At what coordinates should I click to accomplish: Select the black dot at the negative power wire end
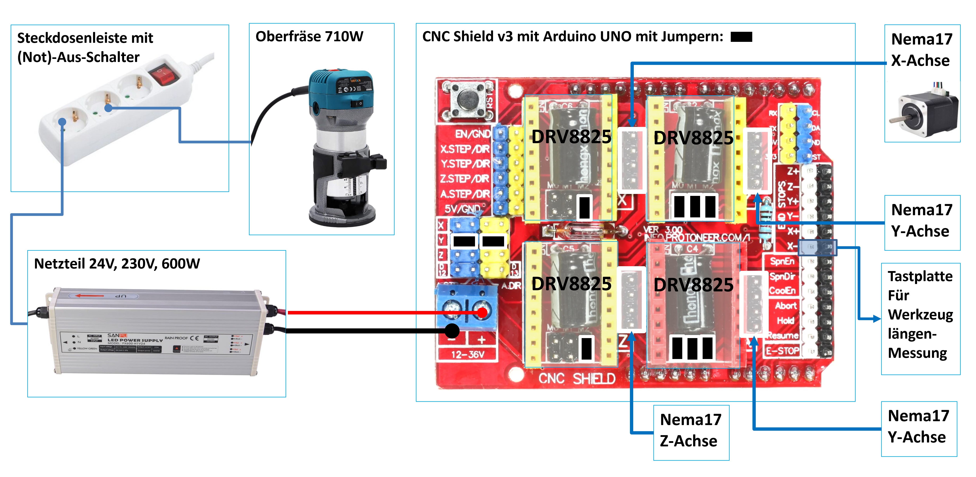(x=452, y=331)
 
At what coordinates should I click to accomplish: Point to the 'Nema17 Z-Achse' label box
(x=691, y=432)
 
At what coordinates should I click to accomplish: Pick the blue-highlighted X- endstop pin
(x=817, y=247)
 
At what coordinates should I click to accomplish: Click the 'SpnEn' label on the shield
(x=782, y=261)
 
